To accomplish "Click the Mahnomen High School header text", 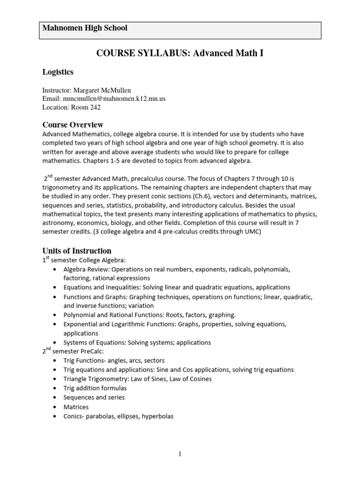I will tap(85, 28).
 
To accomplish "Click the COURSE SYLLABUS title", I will tap(180, 53).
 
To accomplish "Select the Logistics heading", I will tap(58, 72).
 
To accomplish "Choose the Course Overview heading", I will tap(73, 125).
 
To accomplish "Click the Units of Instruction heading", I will tap(77, 251).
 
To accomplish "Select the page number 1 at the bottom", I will tap(180, 454).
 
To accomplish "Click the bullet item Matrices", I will tap(76, 407).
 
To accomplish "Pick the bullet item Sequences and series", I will tap(94, 397).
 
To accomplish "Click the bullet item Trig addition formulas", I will tap(95, 388).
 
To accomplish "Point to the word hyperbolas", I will tap(157, 416).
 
